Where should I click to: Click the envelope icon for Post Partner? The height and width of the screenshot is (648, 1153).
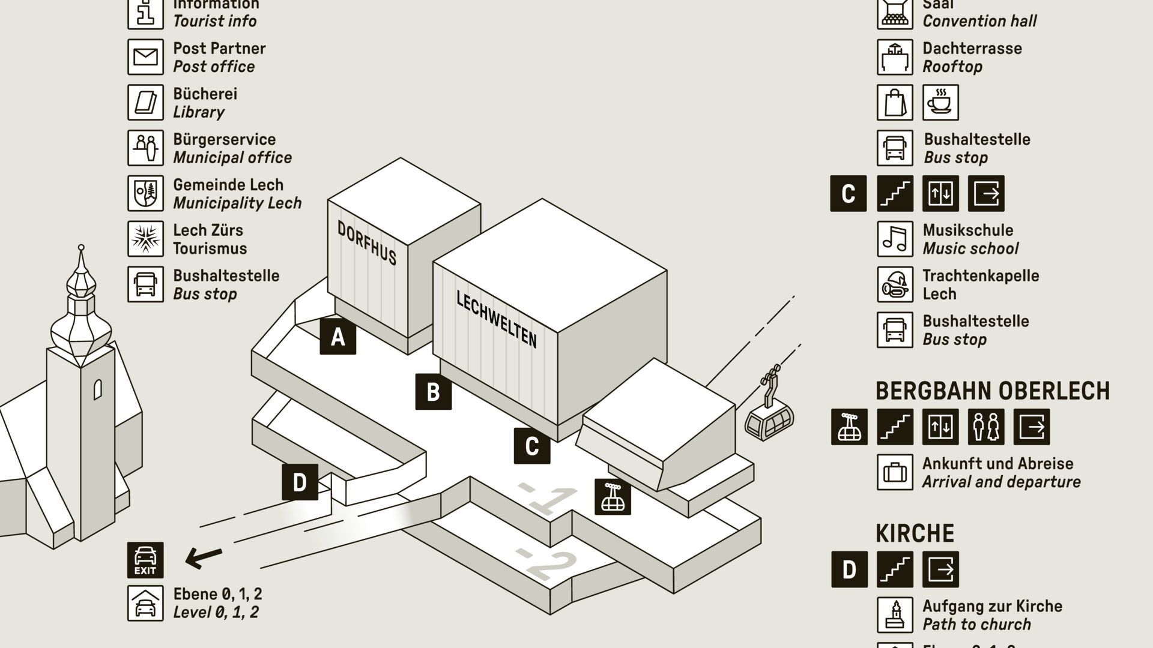tap(145, 57)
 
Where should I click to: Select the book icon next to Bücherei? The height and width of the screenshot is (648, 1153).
tap(145, 103)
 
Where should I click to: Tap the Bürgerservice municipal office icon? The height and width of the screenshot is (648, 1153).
tap(145, 148)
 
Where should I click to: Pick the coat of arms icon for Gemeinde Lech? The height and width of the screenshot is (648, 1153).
tap(145, 193)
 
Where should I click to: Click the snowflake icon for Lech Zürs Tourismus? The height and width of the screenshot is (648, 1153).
tap(145, 239)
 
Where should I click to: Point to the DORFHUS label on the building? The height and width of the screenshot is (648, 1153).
tap(367, 243)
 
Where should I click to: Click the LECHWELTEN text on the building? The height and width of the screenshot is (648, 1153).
tap(497, 319)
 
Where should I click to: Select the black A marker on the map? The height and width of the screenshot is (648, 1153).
tap(337, 337)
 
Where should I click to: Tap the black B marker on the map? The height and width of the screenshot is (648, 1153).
tap(433, 392)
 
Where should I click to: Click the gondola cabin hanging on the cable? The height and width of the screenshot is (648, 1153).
tap(769, 418)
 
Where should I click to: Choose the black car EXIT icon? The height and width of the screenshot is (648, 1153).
tap(145, 560)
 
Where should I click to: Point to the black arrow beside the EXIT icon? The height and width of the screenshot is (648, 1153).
tap(204, 558)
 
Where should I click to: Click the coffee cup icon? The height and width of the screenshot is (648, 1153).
tap(940, 103)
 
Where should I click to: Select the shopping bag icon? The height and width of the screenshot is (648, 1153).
tap(895, 103)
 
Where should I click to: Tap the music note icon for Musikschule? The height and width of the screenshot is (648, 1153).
tap(895, 239)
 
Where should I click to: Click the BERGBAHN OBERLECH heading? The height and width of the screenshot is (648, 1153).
tap(992, 391)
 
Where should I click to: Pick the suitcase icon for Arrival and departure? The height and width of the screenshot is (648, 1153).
tap(895, 472)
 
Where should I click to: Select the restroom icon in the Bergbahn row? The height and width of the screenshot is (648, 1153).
tap(985, 427)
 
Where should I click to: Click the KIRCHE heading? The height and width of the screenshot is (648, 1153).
tap(915, 533)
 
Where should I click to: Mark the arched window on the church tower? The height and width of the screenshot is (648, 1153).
tap(97, 389)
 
